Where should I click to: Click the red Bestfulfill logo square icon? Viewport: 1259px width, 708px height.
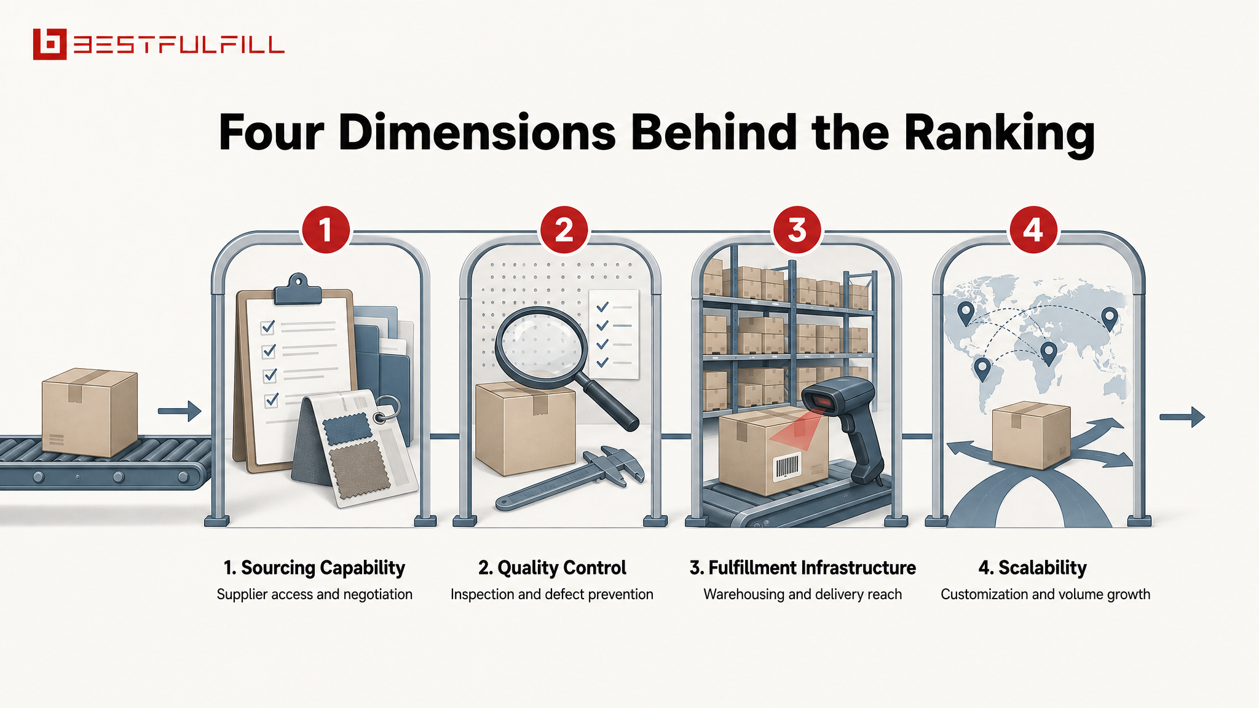pyautogui.click(x=49, y=44)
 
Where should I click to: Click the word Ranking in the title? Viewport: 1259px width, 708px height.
pyautogui.click(x=1000, y=133)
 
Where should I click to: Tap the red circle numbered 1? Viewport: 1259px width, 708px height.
pyautogui.click(x=326, y=230)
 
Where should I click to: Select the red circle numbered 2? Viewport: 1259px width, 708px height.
pyautogui.click(x=564, y=230)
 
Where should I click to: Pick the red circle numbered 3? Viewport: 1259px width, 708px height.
pyautogui.click(x=797, y=230)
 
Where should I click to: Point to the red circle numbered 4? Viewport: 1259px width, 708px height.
pyautogui.click(x=1033, y=230)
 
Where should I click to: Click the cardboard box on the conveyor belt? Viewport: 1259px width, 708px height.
pyautogui.click(x=90, y=412)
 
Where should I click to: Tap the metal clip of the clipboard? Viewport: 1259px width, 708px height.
pyautogui.click(x=298, y=289)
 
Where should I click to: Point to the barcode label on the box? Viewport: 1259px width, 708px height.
pyautogui.click(x=786, y=467)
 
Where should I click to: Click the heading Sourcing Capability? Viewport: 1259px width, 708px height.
pyautogui.click(x=314, y=568)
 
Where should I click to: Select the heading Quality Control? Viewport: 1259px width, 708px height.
pyautogui.click(x=552, y=568)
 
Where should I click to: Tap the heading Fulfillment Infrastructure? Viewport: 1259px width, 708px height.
pyautogui.click(x=802, y=568)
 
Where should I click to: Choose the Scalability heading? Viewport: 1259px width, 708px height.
pyautogui.click(x=1033, y=568)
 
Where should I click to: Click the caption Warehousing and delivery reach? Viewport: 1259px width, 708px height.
pyautogui.click(x=802, y=594)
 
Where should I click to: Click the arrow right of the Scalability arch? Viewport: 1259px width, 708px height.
pyautogui.click(x=1182, y=417)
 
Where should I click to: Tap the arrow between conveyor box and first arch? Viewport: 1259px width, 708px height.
pyautogui.click(x=180, y=411)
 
